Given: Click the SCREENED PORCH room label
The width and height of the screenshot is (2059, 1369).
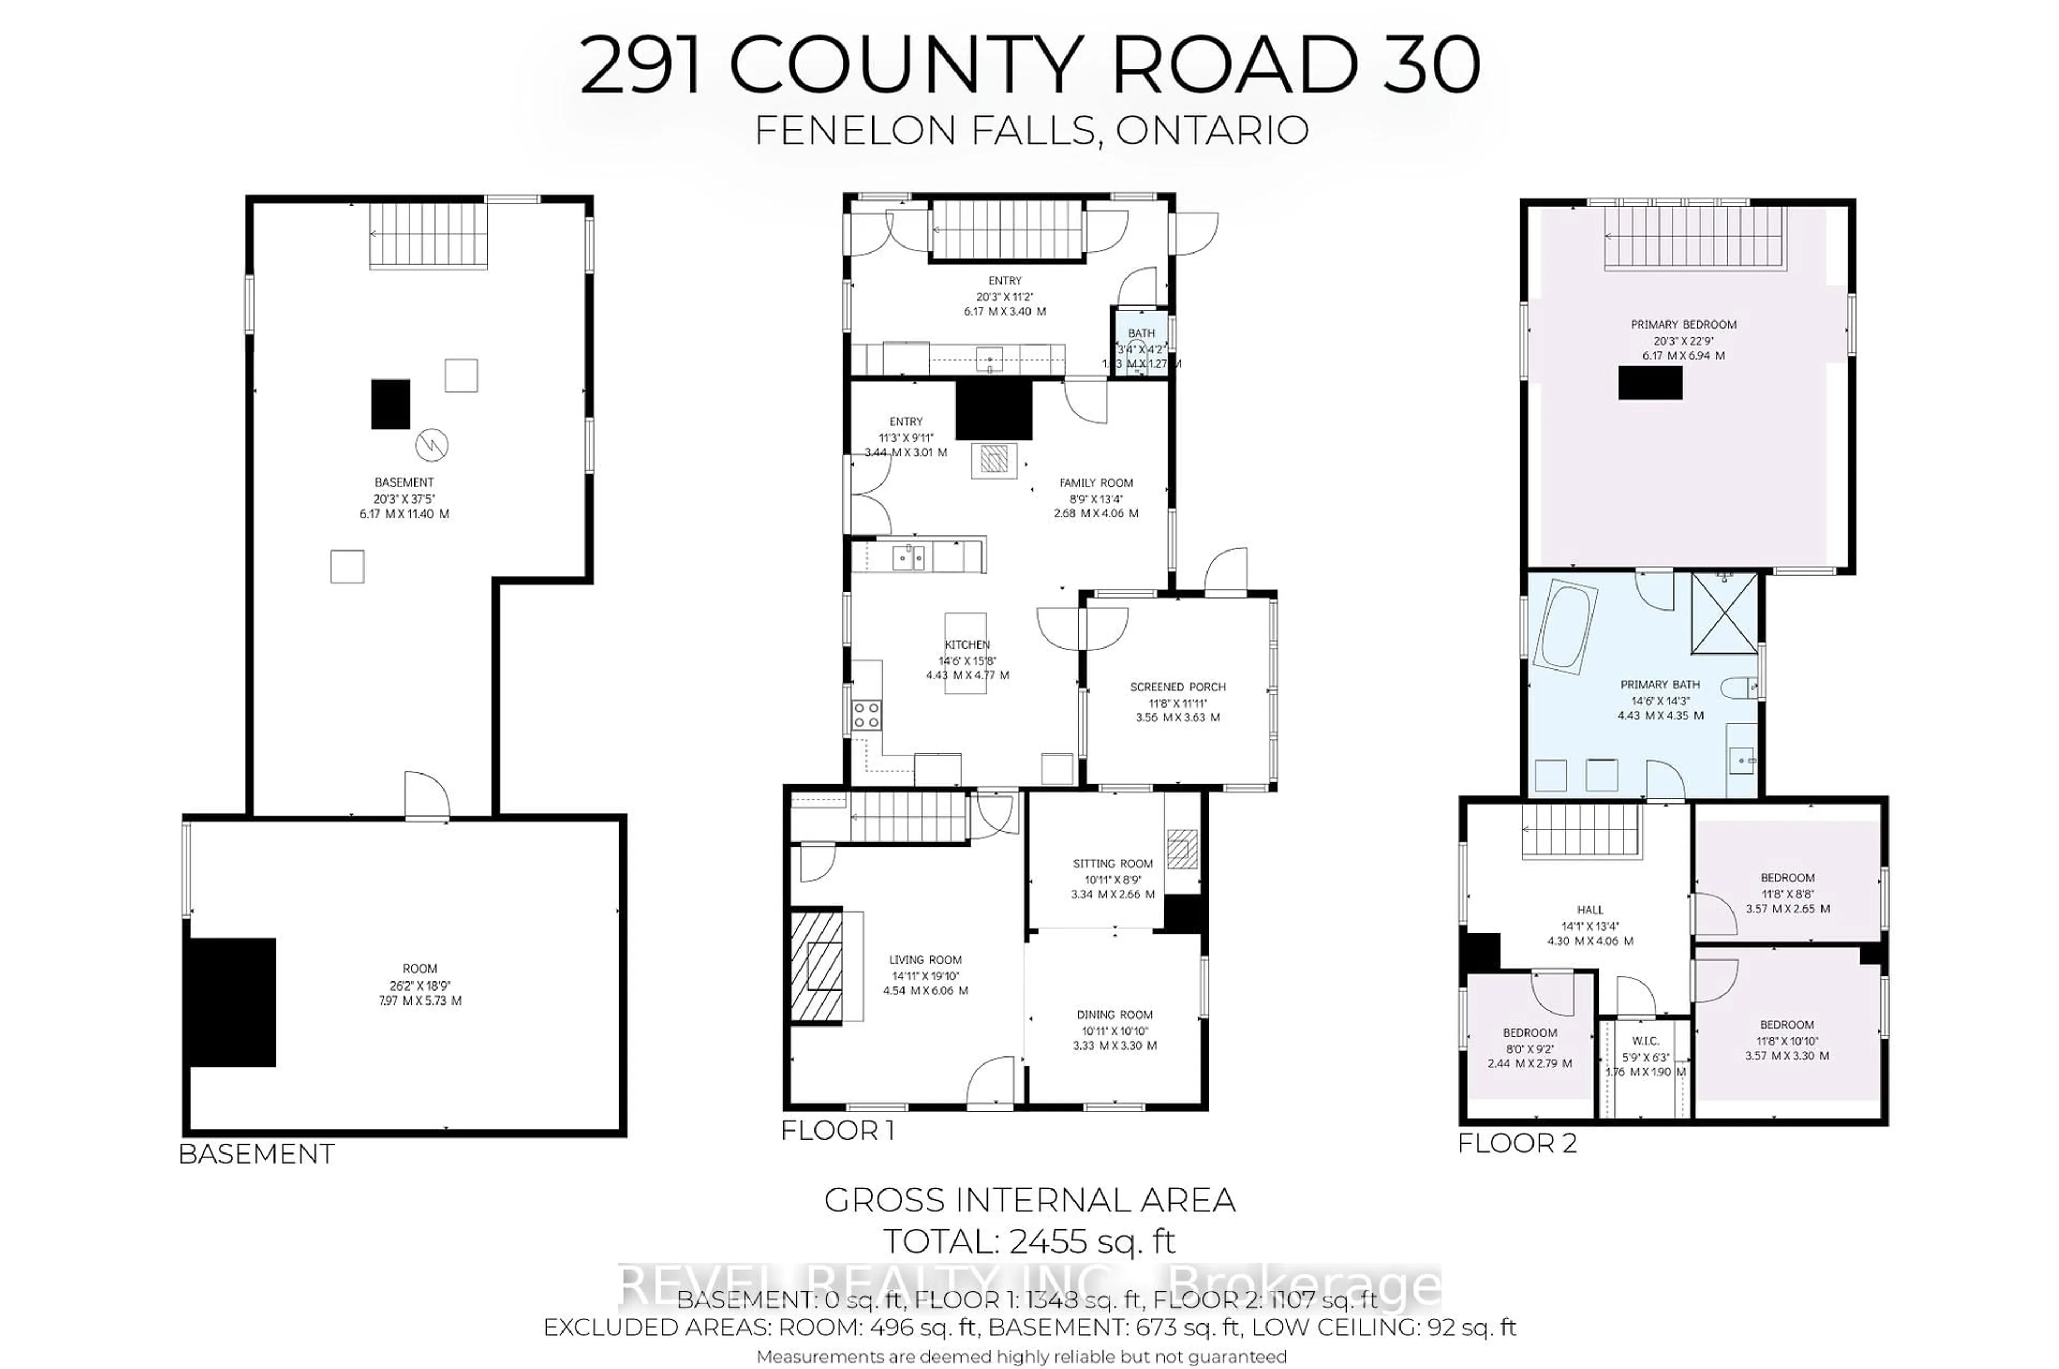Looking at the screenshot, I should [x=1177, y=687].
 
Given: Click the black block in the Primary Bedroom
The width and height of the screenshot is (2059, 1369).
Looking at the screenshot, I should [x=1649, y=382].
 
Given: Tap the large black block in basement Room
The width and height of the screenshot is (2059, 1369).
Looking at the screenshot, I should [x=232, y=1002].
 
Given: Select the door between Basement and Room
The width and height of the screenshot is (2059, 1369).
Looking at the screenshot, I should [x=426, y=796].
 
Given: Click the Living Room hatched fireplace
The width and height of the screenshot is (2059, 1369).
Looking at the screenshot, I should [x=817, y=965].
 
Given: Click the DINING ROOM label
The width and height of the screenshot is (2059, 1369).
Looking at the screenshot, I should [x=1114, y=1015].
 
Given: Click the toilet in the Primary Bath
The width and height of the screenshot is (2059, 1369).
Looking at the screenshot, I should [x=1740, y=689].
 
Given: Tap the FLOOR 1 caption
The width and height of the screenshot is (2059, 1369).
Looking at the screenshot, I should [x=836, y=1130].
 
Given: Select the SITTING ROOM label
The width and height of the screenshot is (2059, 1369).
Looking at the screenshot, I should [x=1113, y=864].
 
